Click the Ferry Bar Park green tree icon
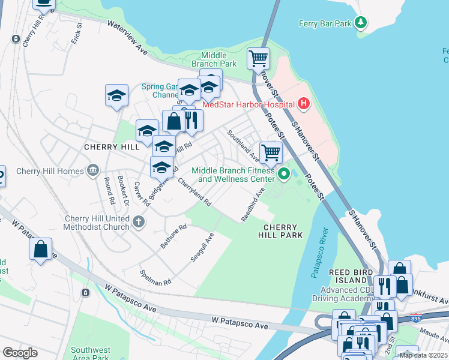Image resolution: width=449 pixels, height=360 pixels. tap(360, 23)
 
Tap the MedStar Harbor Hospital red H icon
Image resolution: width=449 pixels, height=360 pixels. tap(304, 104)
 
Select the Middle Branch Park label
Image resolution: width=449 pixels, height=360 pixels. tap(214, 59)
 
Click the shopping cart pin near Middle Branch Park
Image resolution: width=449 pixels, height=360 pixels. tap(259, 59)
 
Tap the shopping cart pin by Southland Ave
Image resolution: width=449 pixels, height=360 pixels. tap(271, 152)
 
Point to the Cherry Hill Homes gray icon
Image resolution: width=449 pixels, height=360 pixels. tap(92, 171)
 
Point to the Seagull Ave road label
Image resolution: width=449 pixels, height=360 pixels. tap(202, 246)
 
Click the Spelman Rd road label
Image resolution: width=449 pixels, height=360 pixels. tap(155, 277)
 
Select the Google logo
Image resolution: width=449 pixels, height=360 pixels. tap(20, 353)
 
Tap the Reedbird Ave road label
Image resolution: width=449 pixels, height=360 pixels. tap(253, 205)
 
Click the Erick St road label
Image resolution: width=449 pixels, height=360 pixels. tap(76, 34)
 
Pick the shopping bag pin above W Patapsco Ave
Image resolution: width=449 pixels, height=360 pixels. tap(40, 250)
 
